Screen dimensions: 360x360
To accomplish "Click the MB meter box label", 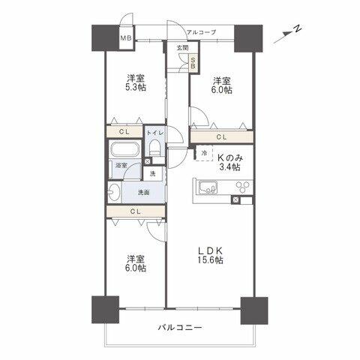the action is coord(127,38).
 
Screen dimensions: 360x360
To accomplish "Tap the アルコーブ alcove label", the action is coord(202,32).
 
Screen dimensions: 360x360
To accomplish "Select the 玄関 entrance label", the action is coord(183,48).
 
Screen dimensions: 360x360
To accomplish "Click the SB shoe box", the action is coord(193,63).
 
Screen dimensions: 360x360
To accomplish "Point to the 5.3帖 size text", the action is coord(136,88).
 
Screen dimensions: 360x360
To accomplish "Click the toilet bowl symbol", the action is coord(154,148).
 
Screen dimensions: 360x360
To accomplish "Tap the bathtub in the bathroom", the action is coord(124,149).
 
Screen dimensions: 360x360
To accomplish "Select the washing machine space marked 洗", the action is coord(152,173).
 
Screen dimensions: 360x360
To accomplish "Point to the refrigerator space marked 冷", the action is coord(204,153).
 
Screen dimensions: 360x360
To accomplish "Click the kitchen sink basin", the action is coord(208,187).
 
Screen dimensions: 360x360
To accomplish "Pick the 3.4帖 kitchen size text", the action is coord(229,166).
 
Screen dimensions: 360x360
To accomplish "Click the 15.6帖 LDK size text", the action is coord(210,260).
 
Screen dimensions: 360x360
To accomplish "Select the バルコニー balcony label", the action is coord(179,327).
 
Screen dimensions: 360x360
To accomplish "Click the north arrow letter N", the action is coord(297,28).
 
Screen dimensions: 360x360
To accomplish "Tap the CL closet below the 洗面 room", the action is coord(136,211).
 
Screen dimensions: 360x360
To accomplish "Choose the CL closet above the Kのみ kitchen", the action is coord(222,137).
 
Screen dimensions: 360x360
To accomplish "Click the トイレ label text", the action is coord(155,133).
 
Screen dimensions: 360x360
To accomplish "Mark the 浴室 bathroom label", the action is coord(121,165).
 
